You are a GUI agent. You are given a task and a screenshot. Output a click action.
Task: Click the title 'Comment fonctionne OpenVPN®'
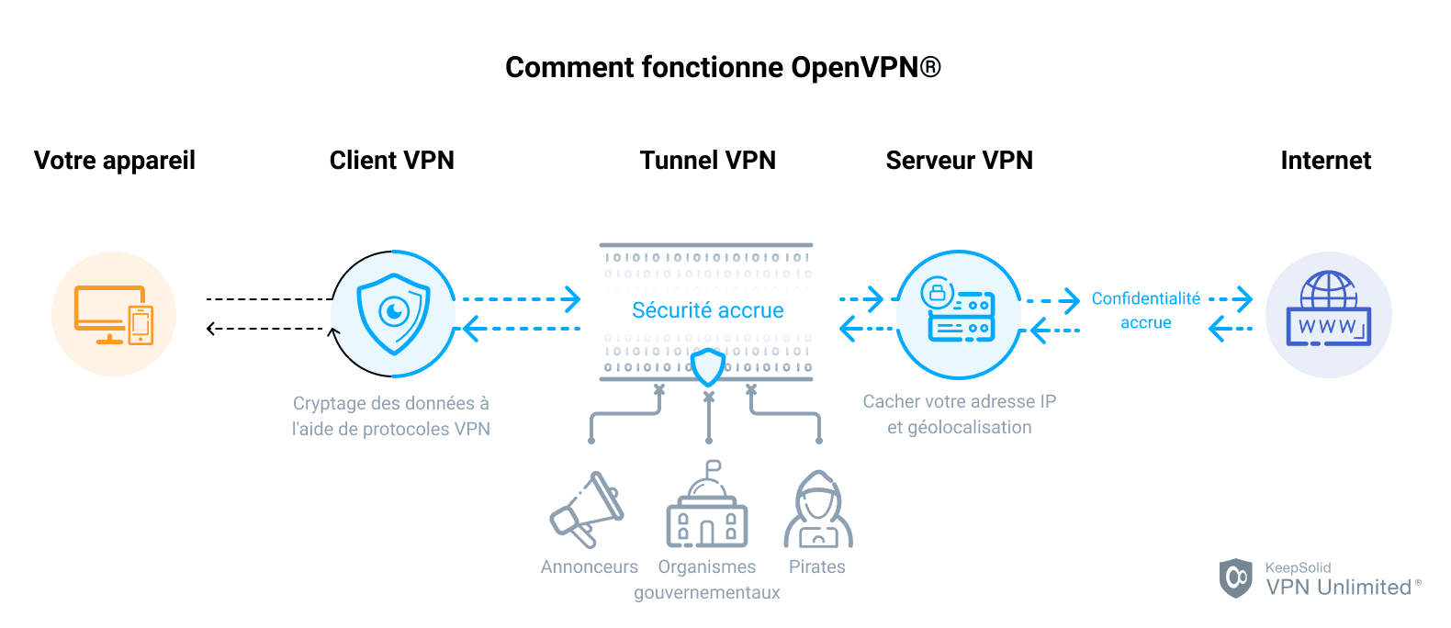coord(723,67)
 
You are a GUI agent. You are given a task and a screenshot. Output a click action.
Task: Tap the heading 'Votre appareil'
coord(115,161)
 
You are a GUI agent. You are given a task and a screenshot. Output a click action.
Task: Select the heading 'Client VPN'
coord(391,161)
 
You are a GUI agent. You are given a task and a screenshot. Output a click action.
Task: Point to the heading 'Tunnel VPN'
coord(707,161)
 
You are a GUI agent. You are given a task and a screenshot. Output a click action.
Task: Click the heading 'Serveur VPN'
coord(959,161)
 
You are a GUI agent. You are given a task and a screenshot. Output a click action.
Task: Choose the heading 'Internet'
coord(1325,161)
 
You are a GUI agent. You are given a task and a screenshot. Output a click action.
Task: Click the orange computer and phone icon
coord(114,314)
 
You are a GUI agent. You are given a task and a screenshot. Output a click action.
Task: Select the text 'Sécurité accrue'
coord(707,310)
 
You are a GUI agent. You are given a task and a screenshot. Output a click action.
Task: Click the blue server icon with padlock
coord(958,313)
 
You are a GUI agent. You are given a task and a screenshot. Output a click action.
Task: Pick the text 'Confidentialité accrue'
coord(1145,310)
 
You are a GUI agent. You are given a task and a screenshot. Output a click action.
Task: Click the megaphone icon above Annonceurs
coord(588,510)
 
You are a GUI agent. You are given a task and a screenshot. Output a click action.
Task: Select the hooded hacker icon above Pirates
coord(817,510)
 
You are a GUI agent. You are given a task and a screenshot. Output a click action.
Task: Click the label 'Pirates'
coord(816,566)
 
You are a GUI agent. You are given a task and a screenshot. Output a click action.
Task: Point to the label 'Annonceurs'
coord(589,566)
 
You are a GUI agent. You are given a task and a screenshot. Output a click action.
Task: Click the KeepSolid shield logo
coord(1235,578)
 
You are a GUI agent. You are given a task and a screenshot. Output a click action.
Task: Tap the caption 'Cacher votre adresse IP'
coord(959,401)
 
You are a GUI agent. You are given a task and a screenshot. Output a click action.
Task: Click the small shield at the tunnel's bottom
coord(708,367)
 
